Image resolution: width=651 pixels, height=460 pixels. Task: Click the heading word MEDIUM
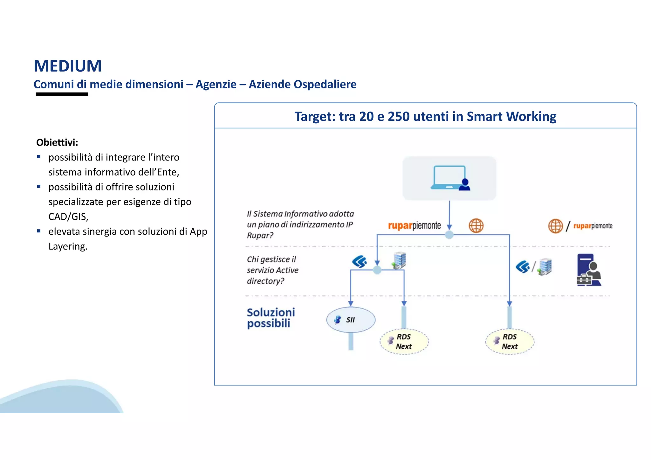tap(68, 66)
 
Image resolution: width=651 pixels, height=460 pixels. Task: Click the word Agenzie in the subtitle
tap(216, 85)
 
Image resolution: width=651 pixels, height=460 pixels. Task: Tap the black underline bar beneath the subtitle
tap(62, 94)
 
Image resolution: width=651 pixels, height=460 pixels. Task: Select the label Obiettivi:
tap(57, 142)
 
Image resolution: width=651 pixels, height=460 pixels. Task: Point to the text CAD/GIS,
tap(68, 217)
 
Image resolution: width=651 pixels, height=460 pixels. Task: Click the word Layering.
tap(68, 246)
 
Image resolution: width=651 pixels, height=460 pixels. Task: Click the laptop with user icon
tap(449, 178)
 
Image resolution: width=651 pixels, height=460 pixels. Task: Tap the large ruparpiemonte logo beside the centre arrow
tap(414, 226)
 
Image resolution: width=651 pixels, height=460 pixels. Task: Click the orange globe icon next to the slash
tap(555, 226)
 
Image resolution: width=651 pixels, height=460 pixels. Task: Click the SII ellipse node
tap(351, 320)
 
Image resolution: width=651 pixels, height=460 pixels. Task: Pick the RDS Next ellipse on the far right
tap(510, 342)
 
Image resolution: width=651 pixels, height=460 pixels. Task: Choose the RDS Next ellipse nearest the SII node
tap(404, 342)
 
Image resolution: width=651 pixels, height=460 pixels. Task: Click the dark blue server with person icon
tap(589, 270)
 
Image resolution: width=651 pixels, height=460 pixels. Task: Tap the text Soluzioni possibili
tap(271, 318)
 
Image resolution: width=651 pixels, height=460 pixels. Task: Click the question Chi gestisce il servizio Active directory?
tap(272, 270)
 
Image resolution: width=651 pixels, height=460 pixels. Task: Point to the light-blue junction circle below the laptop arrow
tap(449, 235)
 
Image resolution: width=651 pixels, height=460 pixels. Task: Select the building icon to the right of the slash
tap(545, 267)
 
